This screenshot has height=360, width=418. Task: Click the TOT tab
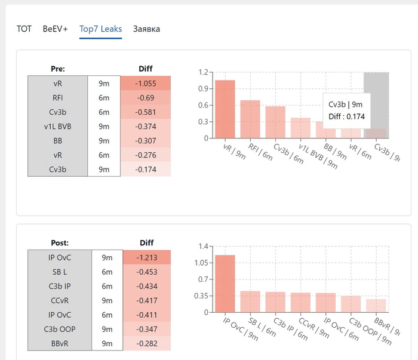(24, 29)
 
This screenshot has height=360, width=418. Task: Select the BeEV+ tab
(55, 29)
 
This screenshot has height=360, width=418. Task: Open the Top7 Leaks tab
(100, 29)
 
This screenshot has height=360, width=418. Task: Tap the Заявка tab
(146, 29)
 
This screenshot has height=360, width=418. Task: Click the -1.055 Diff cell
(146, 84)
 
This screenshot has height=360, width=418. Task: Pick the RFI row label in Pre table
(58, 98)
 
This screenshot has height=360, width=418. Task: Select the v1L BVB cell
(58, 126)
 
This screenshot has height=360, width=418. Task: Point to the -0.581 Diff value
(146, 112)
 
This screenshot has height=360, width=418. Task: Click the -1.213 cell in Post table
(146, 258)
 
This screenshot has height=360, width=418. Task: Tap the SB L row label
(60, 272)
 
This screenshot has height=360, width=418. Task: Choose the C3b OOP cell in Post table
(60, 329)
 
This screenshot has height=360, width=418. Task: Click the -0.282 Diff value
(146, 343)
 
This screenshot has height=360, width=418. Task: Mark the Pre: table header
(58, 69)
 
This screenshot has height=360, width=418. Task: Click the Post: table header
(60, 243)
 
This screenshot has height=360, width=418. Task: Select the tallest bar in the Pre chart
(225, 109)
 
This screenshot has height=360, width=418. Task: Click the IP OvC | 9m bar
(225, 284)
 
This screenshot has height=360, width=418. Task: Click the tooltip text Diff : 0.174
(346, 116)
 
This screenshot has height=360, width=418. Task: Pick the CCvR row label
(60, 300)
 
